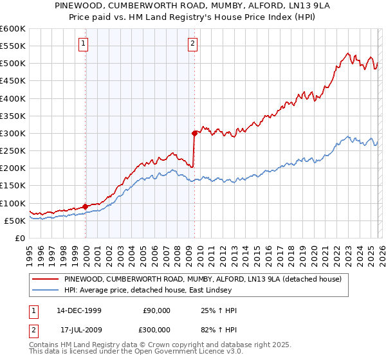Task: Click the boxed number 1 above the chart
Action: click(x=85, y=44)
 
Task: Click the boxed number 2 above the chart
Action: click(x=193, y=44)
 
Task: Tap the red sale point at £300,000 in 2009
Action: click(x=194, y=133)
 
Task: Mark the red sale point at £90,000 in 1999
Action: click(x=86, y=206)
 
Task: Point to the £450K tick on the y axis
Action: click(x=13, y=81)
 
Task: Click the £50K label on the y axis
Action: click(x=15, y=221)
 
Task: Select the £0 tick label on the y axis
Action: click(x=20, y=238)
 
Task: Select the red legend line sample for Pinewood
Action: click(x=45, y=279)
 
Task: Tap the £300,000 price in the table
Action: click(x=156, y=328)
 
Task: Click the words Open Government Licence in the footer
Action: click(x=181, y=353)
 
